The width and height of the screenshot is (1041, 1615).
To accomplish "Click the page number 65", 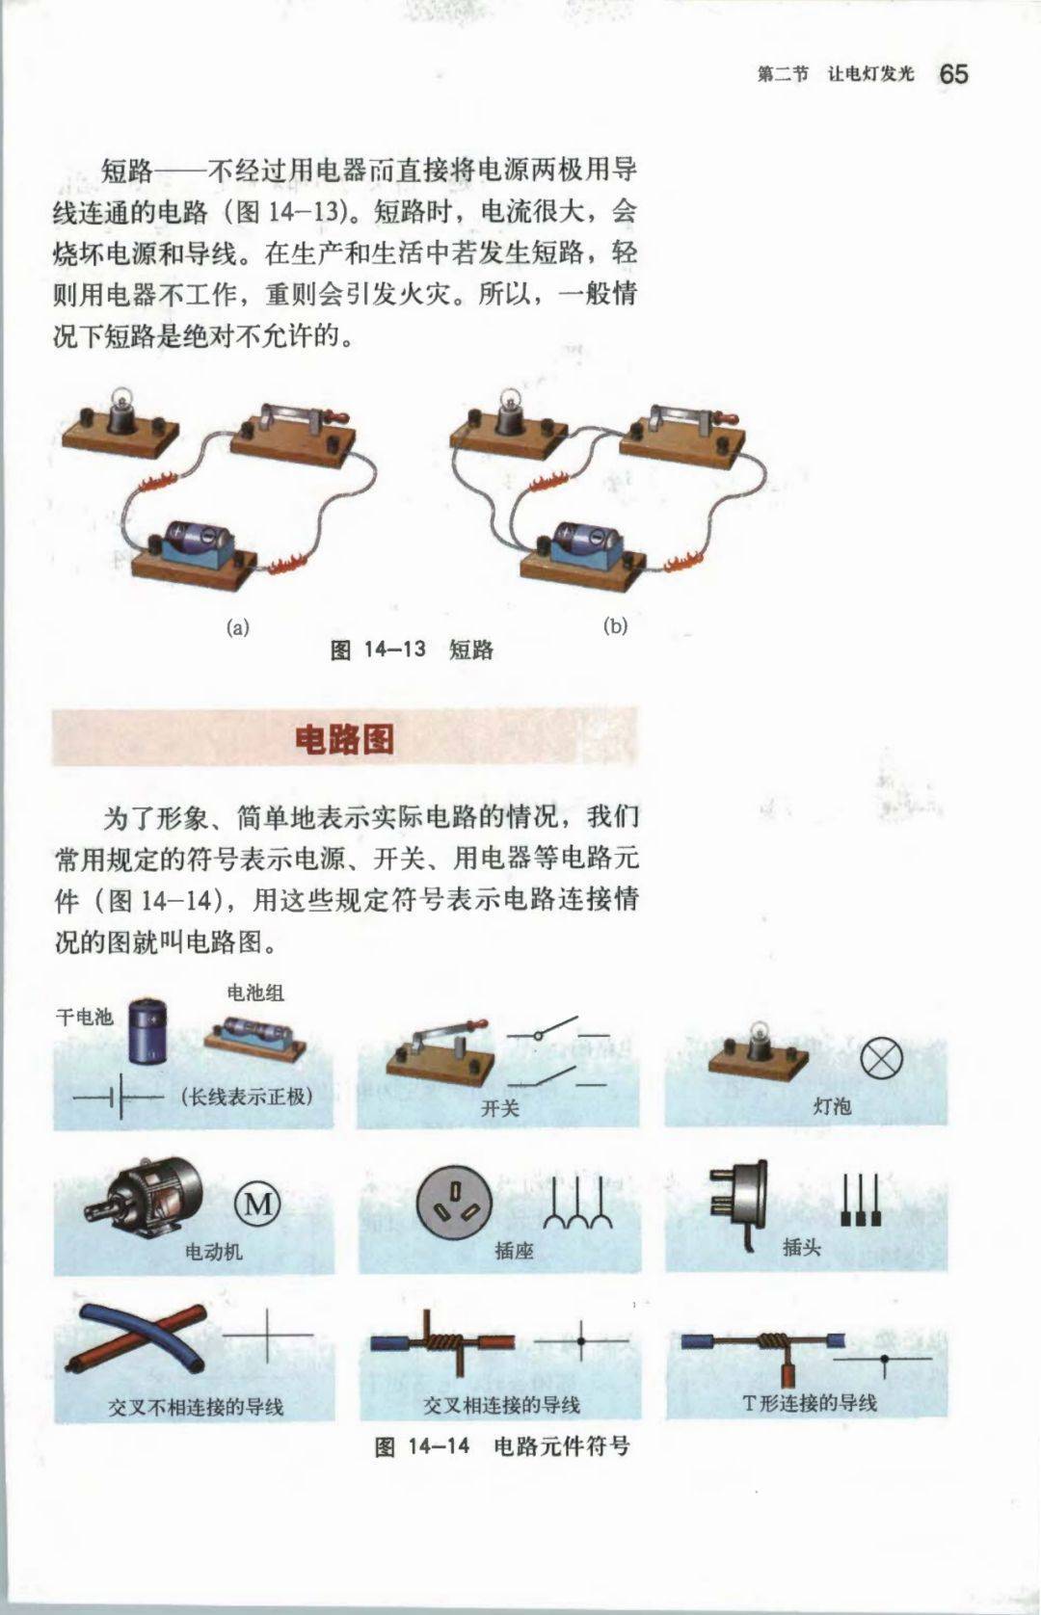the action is [953, 74].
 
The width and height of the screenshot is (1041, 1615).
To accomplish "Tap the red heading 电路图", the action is [345, 738].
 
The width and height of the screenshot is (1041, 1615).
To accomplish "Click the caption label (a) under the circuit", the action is [237, 627].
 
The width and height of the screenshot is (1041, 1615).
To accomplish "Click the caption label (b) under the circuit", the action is [615, 625].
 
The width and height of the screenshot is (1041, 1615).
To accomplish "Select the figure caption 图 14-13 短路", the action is [412, 649].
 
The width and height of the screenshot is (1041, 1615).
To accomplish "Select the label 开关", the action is [500, 1108].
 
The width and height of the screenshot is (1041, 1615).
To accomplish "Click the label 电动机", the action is [214, 1251].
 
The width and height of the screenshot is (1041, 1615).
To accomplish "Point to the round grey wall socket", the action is [455, 1202].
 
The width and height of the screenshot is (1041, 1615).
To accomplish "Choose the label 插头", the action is [802, 1246].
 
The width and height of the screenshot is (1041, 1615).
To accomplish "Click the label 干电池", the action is [85, 1017].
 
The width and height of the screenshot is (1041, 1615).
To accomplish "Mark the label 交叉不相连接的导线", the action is [196, 1406].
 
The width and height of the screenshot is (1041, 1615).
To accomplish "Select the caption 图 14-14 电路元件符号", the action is [502, 1445].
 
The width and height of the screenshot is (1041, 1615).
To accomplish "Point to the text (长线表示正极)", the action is [247, 1097].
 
